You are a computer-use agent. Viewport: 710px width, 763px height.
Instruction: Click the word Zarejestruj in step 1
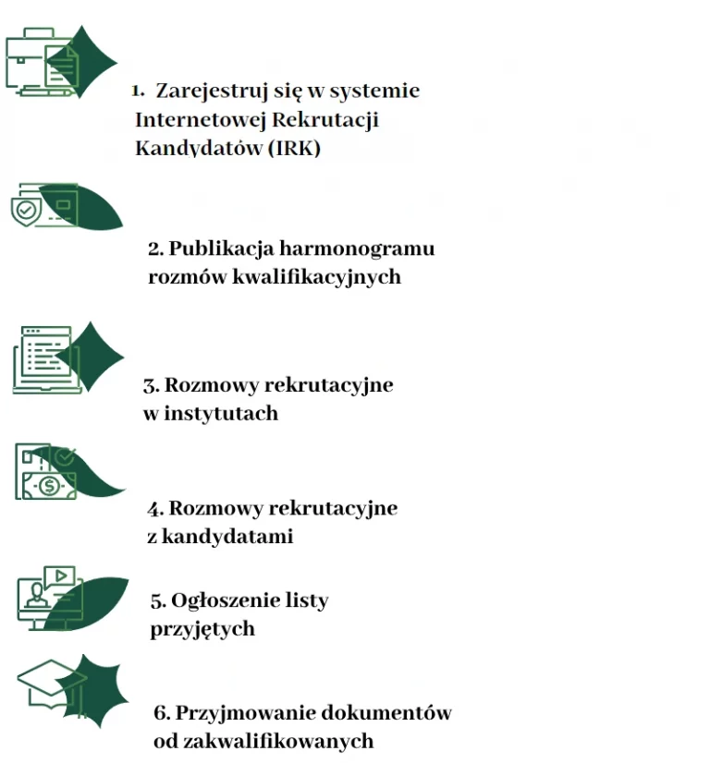click(x=212, y=91)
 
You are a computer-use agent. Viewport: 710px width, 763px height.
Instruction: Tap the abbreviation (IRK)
click(x=294, y=148)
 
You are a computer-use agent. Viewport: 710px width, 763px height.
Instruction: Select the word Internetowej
click(x=200, y=120)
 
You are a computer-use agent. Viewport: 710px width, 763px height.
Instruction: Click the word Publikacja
click(x=222, y=249)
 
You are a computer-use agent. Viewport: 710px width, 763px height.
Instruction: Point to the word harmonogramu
click(x=357, y=248)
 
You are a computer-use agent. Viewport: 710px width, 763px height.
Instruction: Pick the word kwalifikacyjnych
click(x=316, y=277)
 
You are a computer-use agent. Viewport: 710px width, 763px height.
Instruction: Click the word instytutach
click(x=221, y=414)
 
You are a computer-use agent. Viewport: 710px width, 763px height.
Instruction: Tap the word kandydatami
click(x=227, y=537)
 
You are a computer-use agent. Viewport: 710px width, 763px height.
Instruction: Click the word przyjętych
click(x=202, y=629)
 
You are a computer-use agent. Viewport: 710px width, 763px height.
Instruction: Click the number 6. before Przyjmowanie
click(x=162, y=713)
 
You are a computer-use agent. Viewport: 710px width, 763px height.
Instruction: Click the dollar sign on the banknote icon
click(x=49, y=485)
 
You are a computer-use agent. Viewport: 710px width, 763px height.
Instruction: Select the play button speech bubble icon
click(x=59, y=576)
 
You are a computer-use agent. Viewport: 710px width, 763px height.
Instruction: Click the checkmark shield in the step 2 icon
click(x=26, y=212)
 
